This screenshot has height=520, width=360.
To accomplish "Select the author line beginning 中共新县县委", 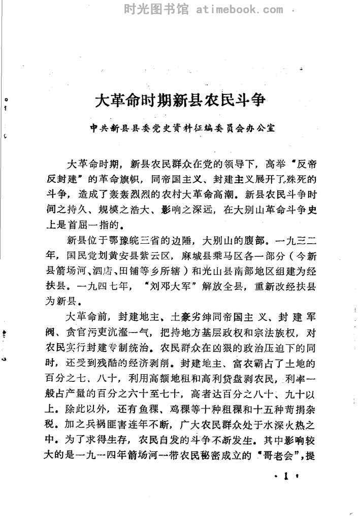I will [x=181, y=129].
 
